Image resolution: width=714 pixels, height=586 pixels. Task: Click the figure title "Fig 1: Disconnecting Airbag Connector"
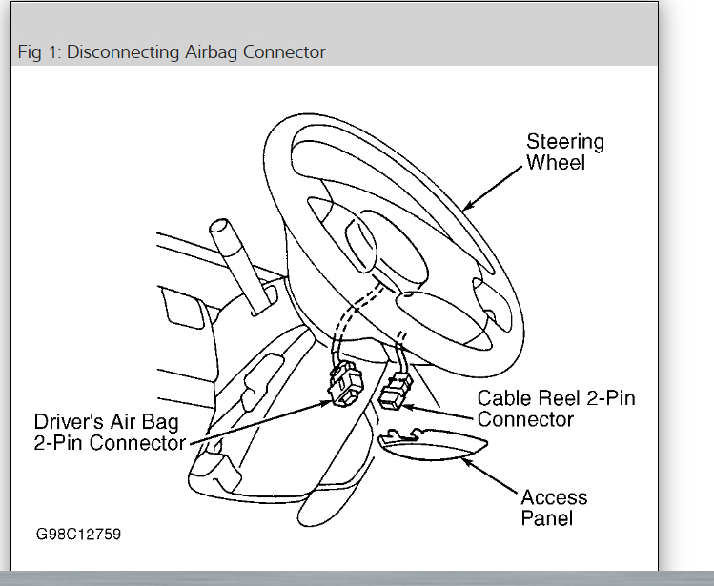coord(172,51)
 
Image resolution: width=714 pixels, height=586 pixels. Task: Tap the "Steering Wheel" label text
coord(565,152)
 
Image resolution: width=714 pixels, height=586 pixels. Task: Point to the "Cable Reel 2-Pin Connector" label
coord(556,409)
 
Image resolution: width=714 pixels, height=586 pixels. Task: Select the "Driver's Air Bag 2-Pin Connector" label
coord(110,432)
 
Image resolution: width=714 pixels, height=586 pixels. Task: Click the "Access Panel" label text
coord(554,508)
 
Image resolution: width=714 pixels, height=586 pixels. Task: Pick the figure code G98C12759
coord(79,534)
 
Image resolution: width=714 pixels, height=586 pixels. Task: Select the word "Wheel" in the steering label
coord(556,163)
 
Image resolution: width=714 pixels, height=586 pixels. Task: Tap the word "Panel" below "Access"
coord(547,518)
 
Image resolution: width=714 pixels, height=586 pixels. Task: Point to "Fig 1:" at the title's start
coord(39,51)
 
